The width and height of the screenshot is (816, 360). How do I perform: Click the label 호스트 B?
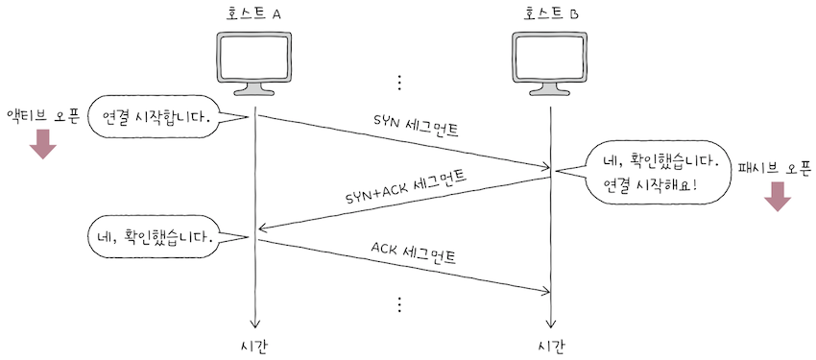click(551, 13)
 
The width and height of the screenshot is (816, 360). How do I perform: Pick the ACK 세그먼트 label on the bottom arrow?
click(414, 253)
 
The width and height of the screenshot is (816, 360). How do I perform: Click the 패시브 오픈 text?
click(775, 168)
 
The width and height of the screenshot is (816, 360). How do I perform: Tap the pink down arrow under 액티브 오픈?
click(43, 145)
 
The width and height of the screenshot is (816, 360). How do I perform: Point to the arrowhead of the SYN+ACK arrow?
click(261, 228)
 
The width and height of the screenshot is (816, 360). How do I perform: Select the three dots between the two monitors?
click(400, 80)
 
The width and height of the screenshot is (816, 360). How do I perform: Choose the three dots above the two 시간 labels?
click(400, 304)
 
